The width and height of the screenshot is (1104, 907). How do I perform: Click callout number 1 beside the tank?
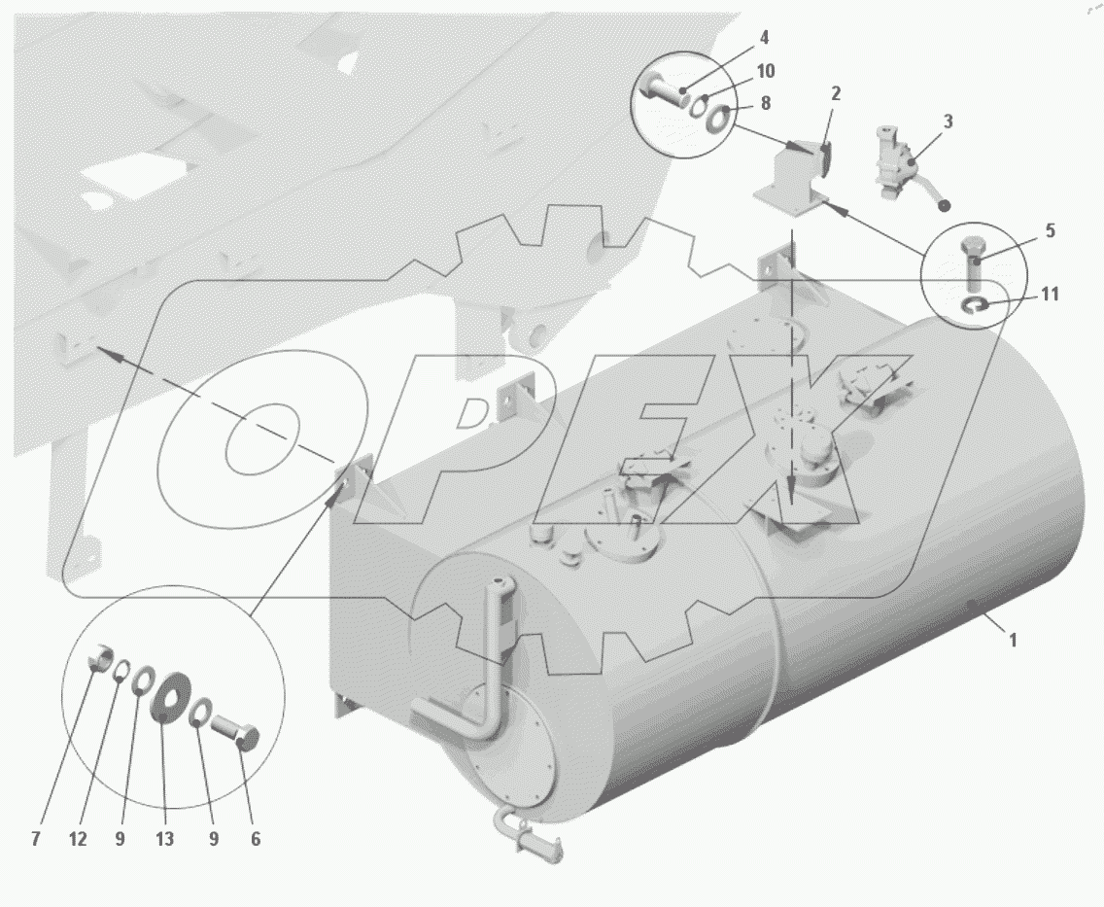click(x=1014, y=640)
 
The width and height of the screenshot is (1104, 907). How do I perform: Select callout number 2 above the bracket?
click(x=836, y=93)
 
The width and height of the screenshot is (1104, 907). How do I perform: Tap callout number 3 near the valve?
click(x=948, y=122)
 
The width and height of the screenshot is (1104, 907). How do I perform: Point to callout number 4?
click(x=765, y=37)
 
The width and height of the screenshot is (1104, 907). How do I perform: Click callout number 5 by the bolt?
click(x=1050, y=230)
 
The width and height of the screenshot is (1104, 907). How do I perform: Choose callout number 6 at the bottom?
click(x=255, y=839)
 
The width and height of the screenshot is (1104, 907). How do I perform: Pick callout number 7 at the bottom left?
click(x=36, y=839)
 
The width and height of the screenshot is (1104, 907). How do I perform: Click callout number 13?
click(x=164, y=839)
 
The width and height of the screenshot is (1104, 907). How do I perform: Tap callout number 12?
click(x=78, y=839)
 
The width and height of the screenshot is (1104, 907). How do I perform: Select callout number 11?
click(x=1050, y=293)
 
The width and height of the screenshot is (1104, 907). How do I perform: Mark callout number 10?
click(x=766, y=70)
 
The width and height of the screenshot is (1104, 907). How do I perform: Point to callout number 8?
click(x=766, y=103)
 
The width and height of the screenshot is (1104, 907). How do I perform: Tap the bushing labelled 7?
click(x=101, y=656)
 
